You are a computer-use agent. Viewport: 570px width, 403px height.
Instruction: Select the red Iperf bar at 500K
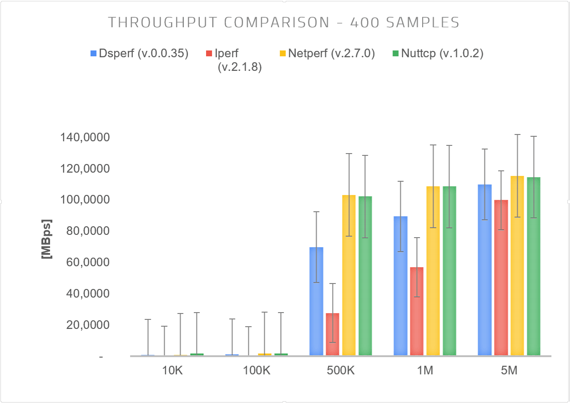click(333, 334)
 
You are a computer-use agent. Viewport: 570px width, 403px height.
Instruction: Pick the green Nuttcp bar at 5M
click(534, 266)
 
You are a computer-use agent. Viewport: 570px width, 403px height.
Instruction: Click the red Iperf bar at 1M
click(417, 311)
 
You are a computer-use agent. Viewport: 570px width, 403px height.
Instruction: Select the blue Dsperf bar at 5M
click(484, 270)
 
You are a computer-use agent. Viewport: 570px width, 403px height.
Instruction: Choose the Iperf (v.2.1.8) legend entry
click(234, 60)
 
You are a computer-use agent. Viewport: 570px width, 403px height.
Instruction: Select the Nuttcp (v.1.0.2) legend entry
click(437, 54)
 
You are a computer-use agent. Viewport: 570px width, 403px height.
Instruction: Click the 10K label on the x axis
click(172, 371)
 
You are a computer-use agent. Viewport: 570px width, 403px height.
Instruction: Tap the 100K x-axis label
click(257, 371)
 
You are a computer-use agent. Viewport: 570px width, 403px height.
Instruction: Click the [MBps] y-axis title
click(46, 239)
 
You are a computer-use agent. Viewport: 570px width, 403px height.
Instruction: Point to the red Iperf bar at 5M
click(501, 278)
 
